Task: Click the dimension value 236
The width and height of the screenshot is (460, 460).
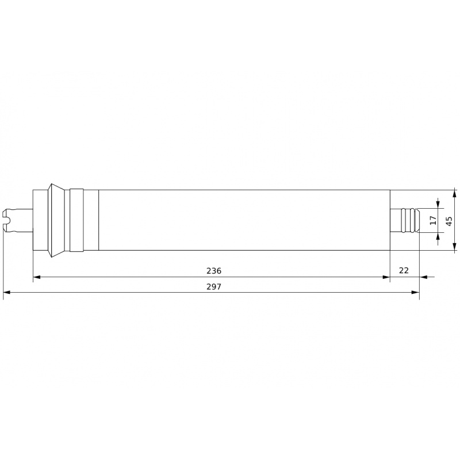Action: (213, 270)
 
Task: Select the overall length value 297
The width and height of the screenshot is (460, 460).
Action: (213, 286)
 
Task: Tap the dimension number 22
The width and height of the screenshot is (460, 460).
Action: (404, 270)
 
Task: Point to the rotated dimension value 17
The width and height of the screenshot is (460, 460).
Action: (433, 220)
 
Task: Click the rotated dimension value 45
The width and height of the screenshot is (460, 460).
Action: (449, 220)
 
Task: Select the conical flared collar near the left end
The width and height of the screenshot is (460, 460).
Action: (57, 220)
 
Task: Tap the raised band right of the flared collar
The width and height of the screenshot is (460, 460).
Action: (76, 220)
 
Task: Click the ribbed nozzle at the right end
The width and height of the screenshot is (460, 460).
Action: (410, 220)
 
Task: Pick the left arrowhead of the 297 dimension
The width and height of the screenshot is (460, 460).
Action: (7, 293)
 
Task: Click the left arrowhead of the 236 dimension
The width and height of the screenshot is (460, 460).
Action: (37, 277)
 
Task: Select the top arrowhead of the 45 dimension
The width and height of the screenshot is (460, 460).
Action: (454, 193)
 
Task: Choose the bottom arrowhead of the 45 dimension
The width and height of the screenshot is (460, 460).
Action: (454, 247)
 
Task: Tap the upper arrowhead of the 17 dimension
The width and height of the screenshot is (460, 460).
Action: (438, 204)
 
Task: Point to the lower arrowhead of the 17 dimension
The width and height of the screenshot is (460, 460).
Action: (438, 236)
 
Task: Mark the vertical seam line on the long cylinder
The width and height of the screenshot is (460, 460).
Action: (99, 220)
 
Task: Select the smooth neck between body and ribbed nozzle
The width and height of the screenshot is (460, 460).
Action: (395, 220)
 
